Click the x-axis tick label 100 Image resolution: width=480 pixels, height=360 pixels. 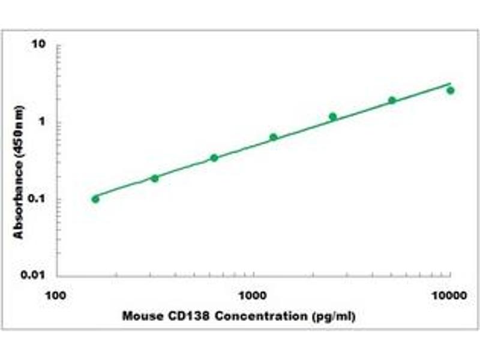click(x=57, y=295)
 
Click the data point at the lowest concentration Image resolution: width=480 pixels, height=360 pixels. click(x=95, y=199)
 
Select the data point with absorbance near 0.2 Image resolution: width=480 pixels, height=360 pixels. click(x=155, y=178)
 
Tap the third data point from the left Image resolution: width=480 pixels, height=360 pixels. click(x=214, y=158)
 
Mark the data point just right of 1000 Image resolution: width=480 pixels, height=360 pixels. click(x=274, y=137)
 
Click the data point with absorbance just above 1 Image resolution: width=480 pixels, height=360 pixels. click(x=332, y=116)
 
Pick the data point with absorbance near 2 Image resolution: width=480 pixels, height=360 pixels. click(x=392, y=100)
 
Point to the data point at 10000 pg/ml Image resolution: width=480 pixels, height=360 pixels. click(x=451, y=91)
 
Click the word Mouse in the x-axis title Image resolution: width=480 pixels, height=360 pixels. click(x=139, y=316)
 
